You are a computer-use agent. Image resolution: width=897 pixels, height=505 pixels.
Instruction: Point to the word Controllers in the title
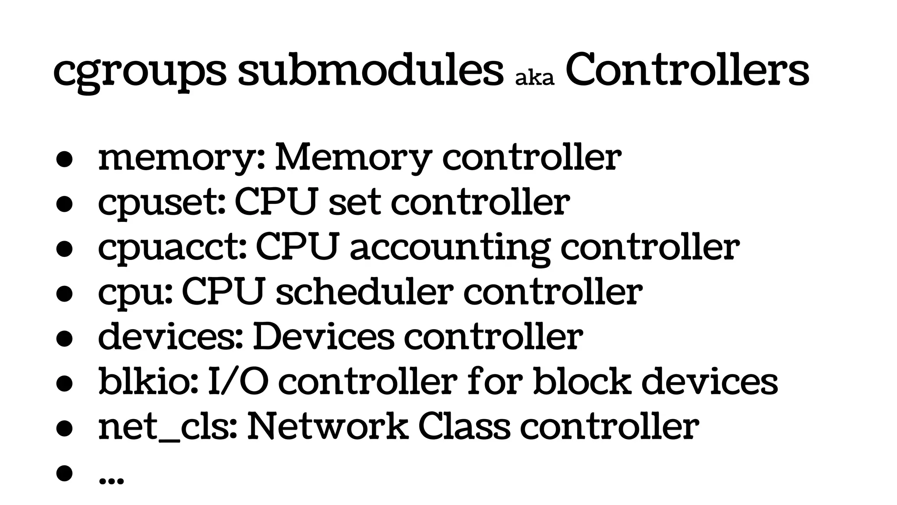click(687, 69)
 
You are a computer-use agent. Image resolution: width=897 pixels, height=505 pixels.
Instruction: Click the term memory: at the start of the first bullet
click(182, 158)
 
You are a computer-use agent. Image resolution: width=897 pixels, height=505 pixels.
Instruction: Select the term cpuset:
click(162, 203)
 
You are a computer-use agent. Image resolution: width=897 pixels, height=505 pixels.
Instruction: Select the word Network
click(328, 426)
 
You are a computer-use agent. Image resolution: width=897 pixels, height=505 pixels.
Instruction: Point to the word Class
click(464, 426)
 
